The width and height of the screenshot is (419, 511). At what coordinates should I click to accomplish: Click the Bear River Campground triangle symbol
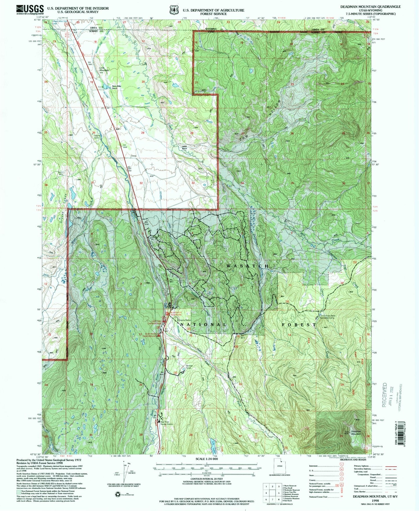[159, 335]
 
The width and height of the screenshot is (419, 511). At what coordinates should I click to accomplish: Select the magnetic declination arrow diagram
[125, 477]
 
